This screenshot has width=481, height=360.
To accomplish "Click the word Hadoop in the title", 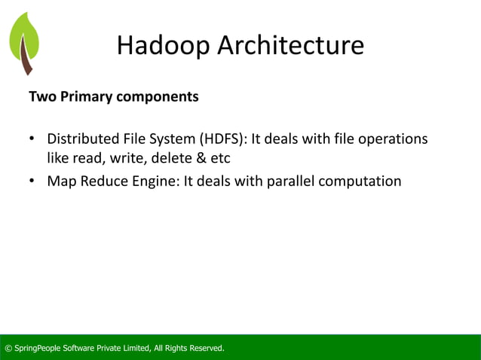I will (164, 47).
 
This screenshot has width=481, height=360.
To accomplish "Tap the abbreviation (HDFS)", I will (222, 140).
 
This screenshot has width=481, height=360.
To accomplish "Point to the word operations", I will (394, 140).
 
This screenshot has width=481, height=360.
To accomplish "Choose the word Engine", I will (157, 182).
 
